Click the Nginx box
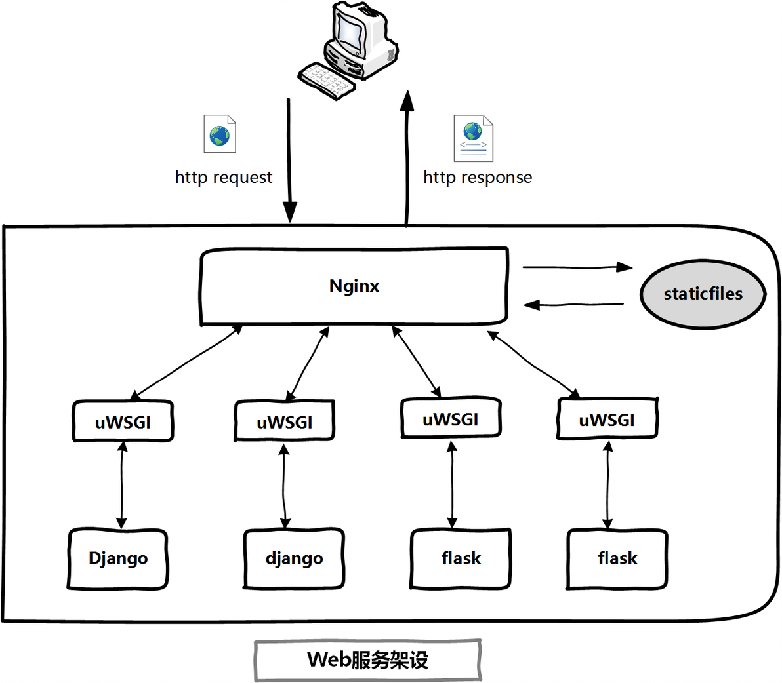tap(354, 286)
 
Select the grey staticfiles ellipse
tap(703, 294)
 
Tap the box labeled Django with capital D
tap(118, 558)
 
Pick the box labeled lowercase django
tap(294, 558)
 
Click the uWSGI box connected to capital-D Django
tap(123, 421)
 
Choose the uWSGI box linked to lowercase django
tap(284, 421)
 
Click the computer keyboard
tap(327, 81)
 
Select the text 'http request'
tap(223, 177)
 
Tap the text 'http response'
tap(478, 177)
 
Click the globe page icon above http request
tap(220, 134)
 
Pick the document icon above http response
tap(474, 138)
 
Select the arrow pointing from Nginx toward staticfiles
tap(577, 267)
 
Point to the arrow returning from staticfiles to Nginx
tap(573, 304)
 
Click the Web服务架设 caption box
tap(367, 660)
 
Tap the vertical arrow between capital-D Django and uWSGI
tap(121, 485)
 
